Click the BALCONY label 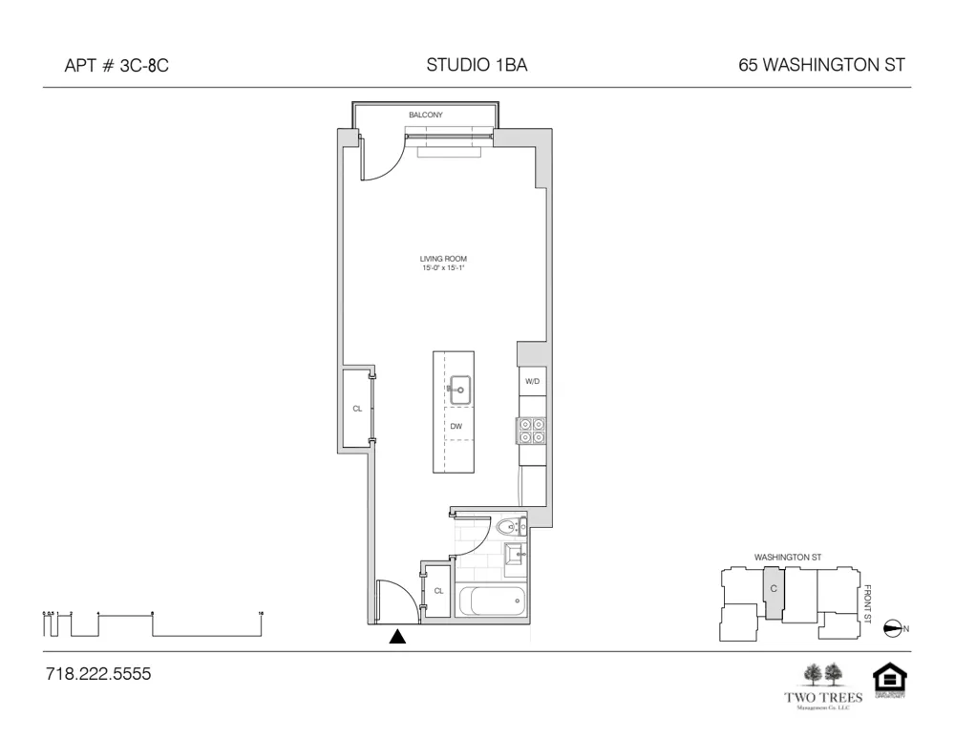tap(426, 115)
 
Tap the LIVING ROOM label tap(443, 259)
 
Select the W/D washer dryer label tap(532, 382)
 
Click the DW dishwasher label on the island tap(456, 426)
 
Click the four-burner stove tap(531, 431)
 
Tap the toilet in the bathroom tap(508, 526)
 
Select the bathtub tap(492, 601)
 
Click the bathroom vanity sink tap(514, 553)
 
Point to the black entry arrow tap(398, 637)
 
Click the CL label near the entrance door tap(438, 591)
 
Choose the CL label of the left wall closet tap(357, 408)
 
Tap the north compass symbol tap(894, 627)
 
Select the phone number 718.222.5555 tap(98, 674)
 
